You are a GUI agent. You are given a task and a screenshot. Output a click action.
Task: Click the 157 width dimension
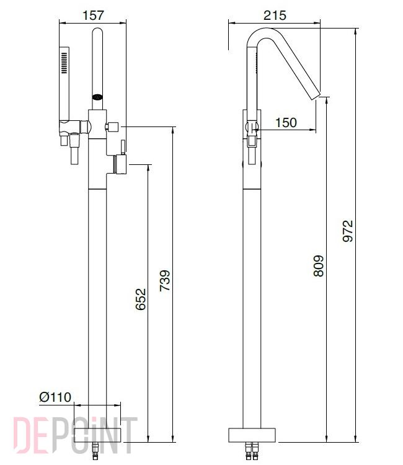coord(93,15)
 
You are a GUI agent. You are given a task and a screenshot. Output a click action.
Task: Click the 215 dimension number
coord(275,15)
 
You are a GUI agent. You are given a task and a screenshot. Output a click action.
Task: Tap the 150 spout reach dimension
coord(286,122)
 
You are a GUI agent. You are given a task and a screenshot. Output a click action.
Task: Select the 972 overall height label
coord(348,231)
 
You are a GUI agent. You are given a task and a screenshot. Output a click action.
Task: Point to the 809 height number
coord(319,266)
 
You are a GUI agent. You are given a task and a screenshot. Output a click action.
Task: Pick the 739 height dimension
coord(165,280)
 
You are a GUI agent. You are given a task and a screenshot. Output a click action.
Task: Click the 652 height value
coord(141,299)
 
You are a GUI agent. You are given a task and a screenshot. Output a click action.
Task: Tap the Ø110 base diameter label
coord(55,397)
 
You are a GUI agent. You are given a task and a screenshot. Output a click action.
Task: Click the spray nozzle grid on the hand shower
coord(64,63)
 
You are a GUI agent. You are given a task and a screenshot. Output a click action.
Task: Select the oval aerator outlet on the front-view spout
coord(97,97)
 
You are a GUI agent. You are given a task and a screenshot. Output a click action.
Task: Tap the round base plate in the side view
coord(252,435)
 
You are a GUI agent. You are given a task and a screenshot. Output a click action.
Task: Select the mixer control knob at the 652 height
coord(121,164)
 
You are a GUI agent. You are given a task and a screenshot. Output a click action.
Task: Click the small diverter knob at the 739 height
coord(112,127)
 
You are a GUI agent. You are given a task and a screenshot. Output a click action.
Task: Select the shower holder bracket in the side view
coord(252,133)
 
